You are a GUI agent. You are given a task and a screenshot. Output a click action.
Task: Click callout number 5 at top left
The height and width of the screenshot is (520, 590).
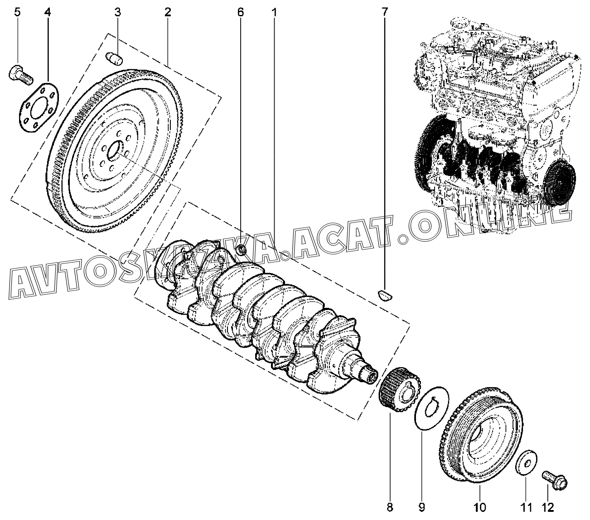coord(17,13)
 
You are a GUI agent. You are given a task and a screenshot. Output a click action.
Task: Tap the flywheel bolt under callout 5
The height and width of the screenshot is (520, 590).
coord(21,75)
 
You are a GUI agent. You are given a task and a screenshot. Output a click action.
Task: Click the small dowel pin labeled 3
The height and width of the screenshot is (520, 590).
coord(114,58)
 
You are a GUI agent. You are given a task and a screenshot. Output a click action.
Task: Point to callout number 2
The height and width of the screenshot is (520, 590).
coord(168,13)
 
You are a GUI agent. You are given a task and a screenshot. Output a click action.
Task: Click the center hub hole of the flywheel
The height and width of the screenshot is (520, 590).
coord(115,151)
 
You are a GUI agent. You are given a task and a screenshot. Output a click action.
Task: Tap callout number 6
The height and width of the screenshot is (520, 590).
coord(241,13)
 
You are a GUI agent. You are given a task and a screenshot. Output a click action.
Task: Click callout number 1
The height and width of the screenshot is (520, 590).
coord(274,13)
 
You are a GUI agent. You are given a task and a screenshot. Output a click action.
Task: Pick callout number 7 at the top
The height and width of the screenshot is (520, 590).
coord(385,13)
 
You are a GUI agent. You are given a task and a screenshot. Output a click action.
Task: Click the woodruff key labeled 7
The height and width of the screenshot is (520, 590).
coord(385,295)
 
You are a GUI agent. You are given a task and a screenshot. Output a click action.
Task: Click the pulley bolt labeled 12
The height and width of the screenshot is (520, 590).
coord(554,480)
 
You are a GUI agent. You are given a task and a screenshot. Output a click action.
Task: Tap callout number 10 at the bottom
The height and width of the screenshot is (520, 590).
coord(480,507)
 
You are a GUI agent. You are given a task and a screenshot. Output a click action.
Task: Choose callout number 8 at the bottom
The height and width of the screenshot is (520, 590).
coord(390,507)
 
